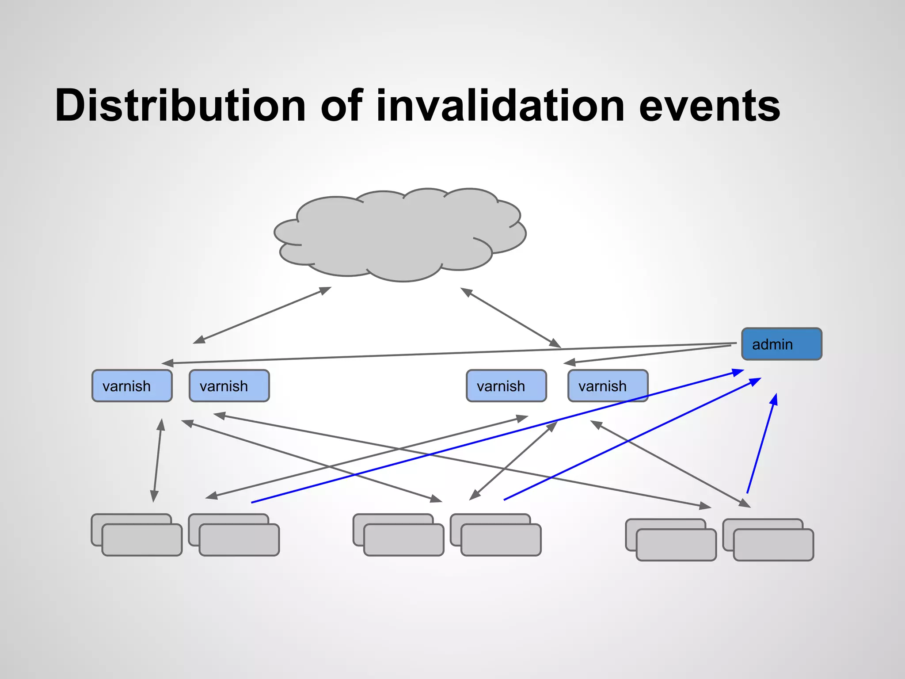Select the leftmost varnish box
tap(132, 386)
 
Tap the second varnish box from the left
tap(229, 386)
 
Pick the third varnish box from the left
tap(506, 386)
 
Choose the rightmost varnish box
tap(608, 386)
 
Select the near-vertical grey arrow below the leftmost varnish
tap(157, 460)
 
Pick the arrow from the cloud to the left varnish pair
tap(262, 315)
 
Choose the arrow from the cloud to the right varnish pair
tap(511, 317)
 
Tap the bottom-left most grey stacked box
tap(141, 540)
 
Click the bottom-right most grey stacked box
tap(773, 545)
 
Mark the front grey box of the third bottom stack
tap(403, 540)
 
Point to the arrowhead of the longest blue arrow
tap(738, 372)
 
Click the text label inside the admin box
tap(772, 344)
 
